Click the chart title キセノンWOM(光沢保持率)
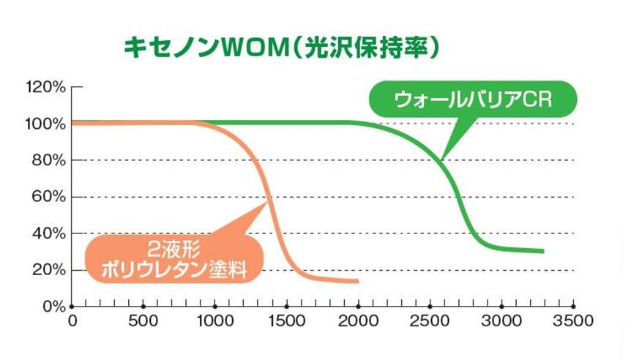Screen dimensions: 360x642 click(281, 49)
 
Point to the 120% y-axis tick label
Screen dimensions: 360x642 click(46, 87)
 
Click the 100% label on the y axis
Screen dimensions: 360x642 click(46, 124)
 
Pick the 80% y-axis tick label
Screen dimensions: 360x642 click(49, 160)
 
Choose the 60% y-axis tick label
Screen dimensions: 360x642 click(49, 197)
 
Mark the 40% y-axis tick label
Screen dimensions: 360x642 click(49, 233)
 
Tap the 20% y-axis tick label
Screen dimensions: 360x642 click(49, 270)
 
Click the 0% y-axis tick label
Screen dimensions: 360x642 click(53, 306)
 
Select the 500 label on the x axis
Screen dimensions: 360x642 click(143, 320)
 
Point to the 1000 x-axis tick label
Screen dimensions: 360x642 click(215, 320)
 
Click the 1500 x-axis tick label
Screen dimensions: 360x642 click(287, 320)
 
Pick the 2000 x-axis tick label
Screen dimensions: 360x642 click(359, 320)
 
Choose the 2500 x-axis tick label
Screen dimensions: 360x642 click(430, 320)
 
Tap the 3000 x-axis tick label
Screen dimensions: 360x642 click(502, 320)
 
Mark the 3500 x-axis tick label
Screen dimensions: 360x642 click(573, 320)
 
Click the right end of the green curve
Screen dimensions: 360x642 click(542, 251)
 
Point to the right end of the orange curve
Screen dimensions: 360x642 click(357, 281)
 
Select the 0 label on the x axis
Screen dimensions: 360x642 click(72, 320)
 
